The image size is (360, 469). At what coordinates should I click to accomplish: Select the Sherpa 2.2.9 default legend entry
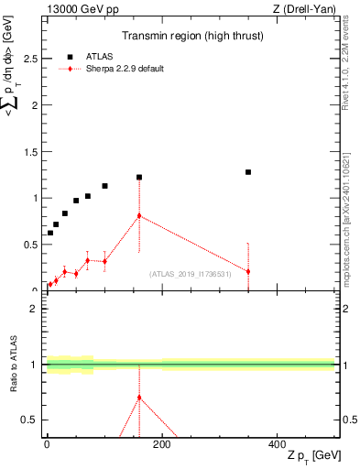(x=124, y=69)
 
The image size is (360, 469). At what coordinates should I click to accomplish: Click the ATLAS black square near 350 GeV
(x=248, y=172)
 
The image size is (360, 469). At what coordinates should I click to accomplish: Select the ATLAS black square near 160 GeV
(x=139, y=177)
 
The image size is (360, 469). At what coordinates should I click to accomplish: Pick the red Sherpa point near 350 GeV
(x=248, y=271)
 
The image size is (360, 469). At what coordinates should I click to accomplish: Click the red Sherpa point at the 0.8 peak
(x=139, y=215)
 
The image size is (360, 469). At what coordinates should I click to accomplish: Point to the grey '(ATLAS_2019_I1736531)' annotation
(x=190, y=274)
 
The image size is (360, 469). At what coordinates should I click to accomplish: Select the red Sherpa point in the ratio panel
(x=139, y=398)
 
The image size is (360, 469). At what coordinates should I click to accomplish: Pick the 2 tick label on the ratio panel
(x=33, y=309)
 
